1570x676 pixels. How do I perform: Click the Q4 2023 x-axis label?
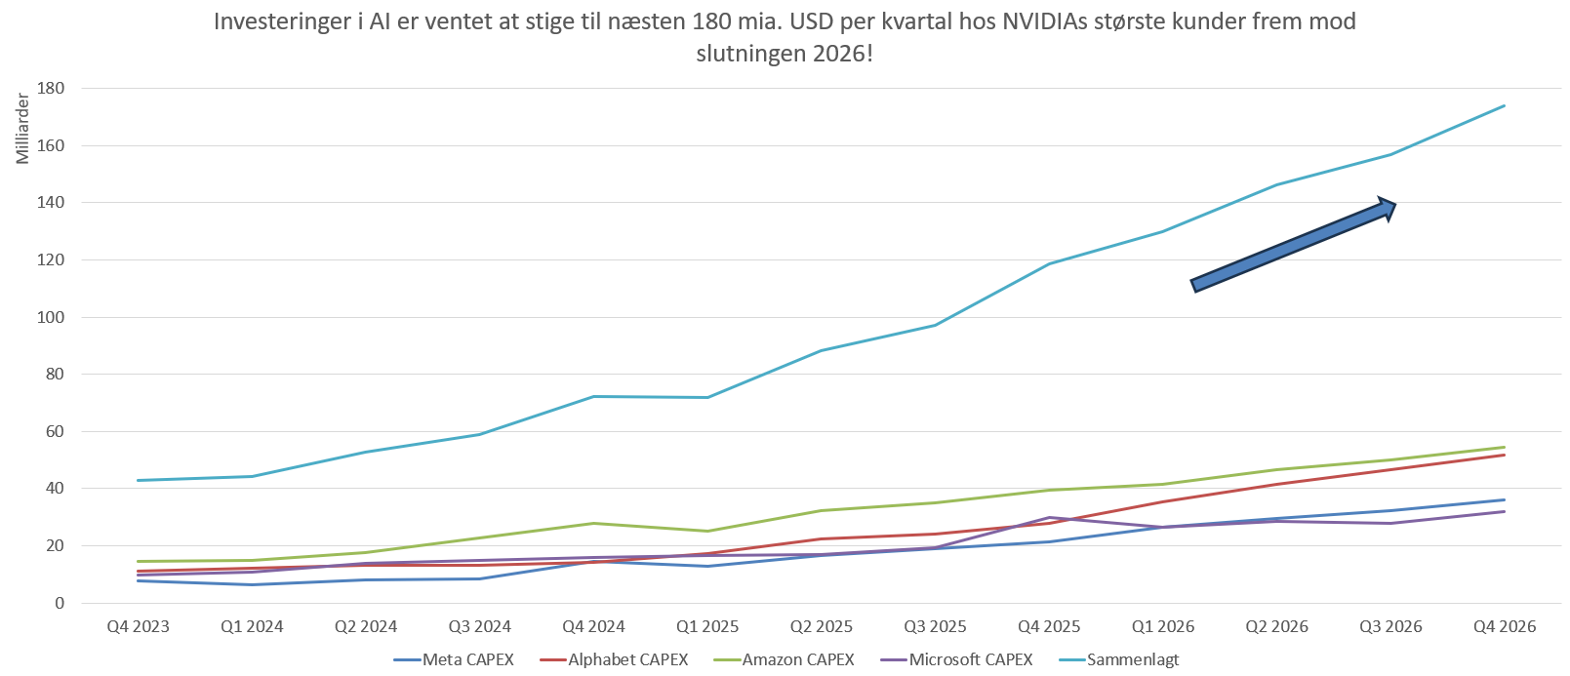pos(138,626)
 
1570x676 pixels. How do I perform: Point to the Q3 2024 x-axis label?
pos(479,626)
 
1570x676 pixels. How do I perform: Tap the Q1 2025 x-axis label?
pos(707,626)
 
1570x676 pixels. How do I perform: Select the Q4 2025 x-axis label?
pos(1049,626)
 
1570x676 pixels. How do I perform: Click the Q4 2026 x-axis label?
pos(1505,626)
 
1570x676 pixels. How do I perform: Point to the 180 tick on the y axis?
pos(51,88)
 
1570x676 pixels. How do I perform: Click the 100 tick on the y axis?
pos(51,317)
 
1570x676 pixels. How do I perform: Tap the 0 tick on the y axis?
pos(60,603)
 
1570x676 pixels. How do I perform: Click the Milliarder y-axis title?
pos(22,129)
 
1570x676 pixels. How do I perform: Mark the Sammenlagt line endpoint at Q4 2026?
pos(1505,105)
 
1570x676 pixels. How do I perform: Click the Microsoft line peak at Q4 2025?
pos(1049,517)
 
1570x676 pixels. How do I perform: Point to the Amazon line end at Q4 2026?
pos(1505,447)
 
